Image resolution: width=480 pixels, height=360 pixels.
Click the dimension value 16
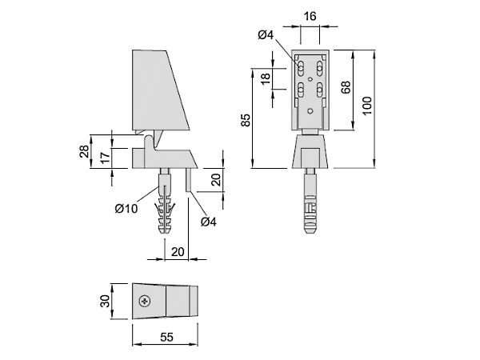click(310, 16)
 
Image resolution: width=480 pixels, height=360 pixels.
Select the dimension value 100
click(367, 106)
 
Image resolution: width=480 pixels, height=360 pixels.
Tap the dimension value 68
click(346, 87)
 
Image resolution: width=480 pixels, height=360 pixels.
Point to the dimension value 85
click(246, 120)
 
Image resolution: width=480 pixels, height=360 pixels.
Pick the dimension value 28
click(84, 151)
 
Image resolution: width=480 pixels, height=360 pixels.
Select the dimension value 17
click(105, 158)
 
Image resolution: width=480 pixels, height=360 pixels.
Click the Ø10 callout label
click(126, 209)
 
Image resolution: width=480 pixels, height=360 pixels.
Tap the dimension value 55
click(167, 337)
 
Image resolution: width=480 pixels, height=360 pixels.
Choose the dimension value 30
click(105, 301)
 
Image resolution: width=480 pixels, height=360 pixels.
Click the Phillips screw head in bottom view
click(145, 302)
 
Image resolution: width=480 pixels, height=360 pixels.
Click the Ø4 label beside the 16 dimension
click(266, 35)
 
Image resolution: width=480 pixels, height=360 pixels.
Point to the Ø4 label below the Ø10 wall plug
click(209, 222)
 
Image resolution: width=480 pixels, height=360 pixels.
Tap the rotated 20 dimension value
click(216, 180)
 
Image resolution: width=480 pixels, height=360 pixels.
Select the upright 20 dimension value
click(178, 252)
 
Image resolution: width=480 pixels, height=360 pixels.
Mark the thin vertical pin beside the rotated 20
click(189, 180)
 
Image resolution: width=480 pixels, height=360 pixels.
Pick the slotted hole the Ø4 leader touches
click(301, 69)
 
